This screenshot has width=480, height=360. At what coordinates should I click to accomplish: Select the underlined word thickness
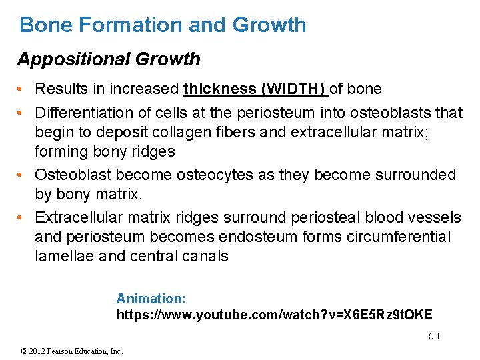[219, 89]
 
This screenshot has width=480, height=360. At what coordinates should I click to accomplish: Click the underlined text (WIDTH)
[294, 89]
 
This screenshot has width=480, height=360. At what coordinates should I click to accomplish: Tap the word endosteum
[265, 237]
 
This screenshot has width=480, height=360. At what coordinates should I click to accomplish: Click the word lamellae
[66, 256]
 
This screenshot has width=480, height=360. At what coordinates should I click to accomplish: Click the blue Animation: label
[151, 299]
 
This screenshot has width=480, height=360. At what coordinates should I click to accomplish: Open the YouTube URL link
[274, 315]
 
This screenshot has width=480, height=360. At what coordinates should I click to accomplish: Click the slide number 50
[433, 336]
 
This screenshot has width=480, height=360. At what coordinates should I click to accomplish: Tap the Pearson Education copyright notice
[72, 351]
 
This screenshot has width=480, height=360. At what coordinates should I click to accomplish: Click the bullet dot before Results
[22, 89]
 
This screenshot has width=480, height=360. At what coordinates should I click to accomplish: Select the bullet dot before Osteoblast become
[22, 175]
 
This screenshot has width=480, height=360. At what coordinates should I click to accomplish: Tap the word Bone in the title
[44, 25]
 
